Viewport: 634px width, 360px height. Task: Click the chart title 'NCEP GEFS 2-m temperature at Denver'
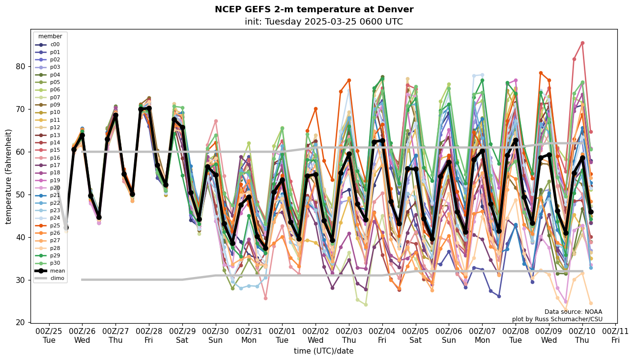(314, 10)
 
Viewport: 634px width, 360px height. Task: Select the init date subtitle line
(323, 22)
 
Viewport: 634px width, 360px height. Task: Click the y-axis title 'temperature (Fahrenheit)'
(9, 176)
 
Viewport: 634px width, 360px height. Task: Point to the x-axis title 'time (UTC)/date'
(323, 351)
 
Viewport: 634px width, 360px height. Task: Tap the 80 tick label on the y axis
(20, 66)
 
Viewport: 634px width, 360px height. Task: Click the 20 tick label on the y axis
(20, 323)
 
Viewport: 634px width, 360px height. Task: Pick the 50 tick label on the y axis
(20, 194)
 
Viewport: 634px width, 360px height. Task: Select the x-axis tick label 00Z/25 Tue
(49, 335)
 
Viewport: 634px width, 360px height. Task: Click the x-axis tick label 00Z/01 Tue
(282, 335)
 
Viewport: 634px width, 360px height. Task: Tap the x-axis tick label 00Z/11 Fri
(615, 335)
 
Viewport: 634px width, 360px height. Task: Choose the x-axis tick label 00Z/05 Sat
(415, 335)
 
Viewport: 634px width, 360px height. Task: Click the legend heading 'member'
(50, 36)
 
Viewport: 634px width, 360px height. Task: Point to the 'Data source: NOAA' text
(573, 312)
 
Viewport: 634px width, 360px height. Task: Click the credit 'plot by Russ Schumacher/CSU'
(557, 319)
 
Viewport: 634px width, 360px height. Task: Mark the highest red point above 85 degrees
(582, 43)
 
